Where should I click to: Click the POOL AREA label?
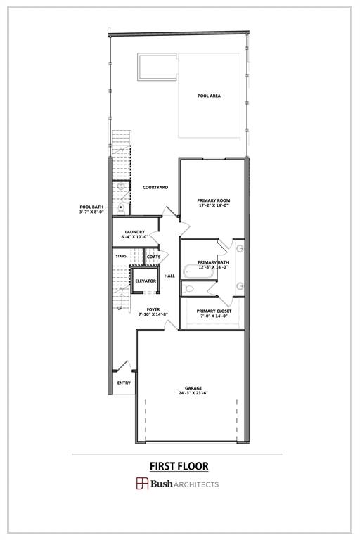[210, 96]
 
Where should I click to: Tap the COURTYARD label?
[155, 188]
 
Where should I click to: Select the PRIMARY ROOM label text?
[213, 201]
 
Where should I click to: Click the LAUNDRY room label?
[134, 232]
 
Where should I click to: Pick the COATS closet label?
[153, 257]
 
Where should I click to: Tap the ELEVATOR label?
[146, 281]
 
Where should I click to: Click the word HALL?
[169, 276]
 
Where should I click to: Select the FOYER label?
[153, 309]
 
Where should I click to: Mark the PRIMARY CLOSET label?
[214, 311]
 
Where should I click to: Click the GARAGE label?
[193, 388]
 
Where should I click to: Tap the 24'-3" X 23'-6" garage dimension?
[193, 394]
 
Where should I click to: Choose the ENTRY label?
[124, 383]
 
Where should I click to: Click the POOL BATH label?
[91, 207]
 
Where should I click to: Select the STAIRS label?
[121, 257]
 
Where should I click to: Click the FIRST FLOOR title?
[179, 466]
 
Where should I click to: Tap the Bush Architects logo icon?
[142, 484]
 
